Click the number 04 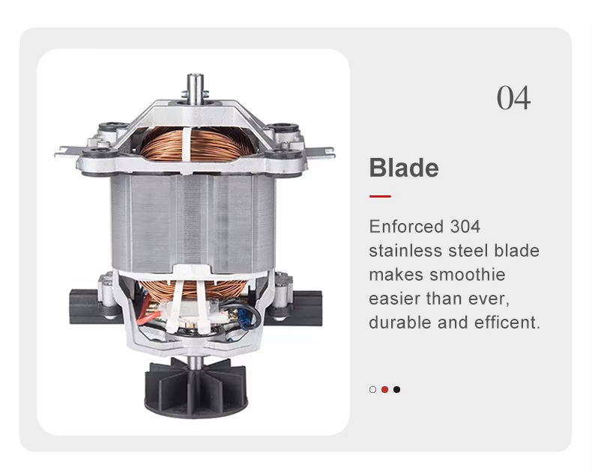(x=513, y=98)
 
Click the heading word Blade (x=404, y=168)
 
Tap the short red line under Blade (x=380, y=196)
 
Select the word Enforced (x=406, y=227)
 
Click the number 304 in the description (x=465, y=227)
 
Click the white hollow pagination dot (x=372, y=390)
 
